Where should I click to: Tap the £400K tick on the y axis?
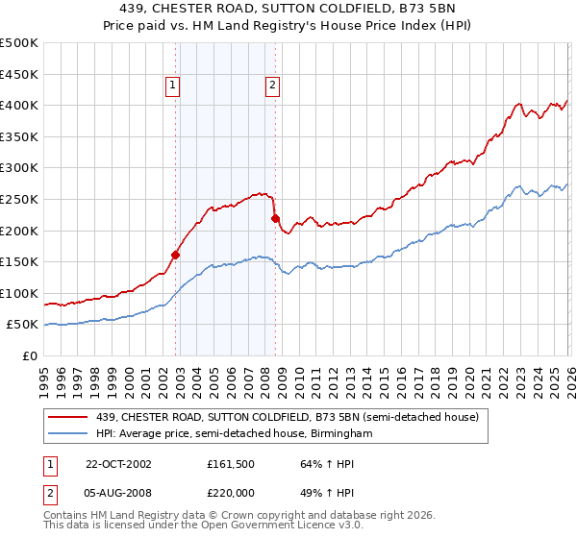click(x=19, y=105)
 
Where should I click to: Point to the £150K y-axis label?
click(x=19, y=261)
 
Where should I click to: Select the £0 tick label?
click(x=29, y=355)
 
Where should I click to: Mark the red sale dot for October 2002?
click(x=176, y=255)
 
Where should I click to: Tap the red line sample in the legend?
click(x=68, y=417)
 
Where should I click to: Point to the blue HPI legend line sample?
click(x=68, y=434)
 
